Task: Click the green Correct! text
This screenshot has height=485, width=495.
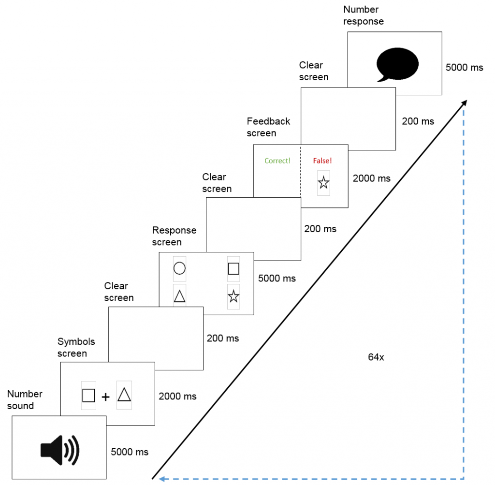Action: pyautogui.click(x=277, y=161)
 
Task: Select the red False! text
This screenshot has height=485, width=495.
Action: pyautogui.click(x=323, y=161)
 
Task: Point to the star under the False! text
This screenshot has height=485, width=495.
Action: pyautogui.click(x=323, y=183)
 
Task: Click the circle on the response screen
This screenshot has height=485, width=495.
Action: pyautogui.click(x=179, y=268)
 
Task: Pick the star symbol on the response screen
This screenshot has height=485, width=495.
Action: pyautogui.click(x=233, y=296)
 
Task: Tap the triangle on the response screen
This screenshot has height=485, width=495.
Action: pyautogui.click(x=179, y=296)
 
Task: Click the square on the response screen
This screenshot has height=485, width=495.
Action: pyautogui.click(x=233, y=268)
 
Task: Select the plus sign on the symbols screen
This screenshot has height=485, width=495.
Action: pyautogui.click(x=106, y=397)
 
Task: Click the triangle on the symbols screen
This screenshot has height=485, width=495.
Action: pyautogui.click(x=124, y=395)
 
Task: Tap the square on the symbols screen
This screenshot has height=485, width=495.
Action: pyautogui.click(x=88, y=396)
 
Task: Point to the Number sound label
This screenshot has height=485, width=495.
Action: pyautogui.click(x=25, y=400)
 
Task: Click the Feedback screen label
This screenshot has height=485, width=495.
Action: pyautogui.click(x=268, y=127)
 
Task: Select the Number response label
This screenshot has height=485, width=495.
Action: pyautogui.click(x=363, y=15)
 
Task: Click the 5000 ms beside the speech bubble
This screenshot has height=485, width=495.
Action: pyautogui.click(x=464, y=67)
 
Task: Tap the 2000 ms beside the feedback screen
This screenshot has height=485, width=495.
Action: pyautogui.click(x=371, y=178)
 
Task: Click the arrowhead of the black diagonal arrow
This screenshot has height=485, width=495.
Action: pyautogui.click(x=465, y=102)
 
